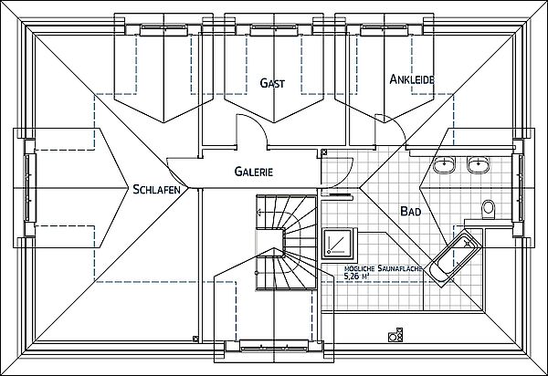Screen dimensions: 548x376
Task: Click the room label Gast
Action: pyautogui.click(x=272, y=83)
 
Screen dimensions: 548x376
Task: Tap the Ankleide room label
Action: pyautogui.click(x=412, y=79)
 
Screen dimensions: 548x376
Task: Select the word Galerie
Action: pyautogui.click(x=253, y=172)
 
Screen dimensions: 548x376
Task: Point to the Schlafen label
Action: pyautogui.click(x=156, y=189)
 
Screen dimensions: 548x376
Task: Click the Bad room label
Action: pyautogui.click(x=411, y=211)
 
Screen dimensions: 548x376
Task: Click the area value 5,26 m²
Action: pyautogui.click(x=357, y=277)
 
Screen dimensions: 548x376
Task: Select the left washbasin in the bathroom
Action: pyautogui.click(x=444, y=164)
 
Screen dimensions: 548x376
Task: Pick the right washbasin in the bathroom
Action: pyautogui.click(x=479, y=164)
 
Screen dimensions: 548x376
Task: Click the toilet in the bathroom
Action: pyautogui.click(x=489, y=209)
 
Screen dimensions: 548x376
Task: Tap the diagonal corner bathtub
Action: pyautogui.click(x=455, y=258)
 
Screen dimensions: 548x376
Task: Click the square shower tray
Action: pyautogui.click(x=338, y=243)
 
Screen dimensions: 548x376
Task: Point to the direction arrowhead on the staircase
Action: pyautogui.click(x=259, y=212)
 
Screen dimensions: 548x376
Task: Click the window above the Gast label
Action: pyautogui.click(x=274, y=30)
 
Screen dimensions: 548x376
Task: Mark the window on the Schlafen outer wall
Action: pyautogui.click(x=29, y=188)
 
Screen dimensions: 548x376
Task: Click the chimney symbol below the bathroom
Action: pyautogui.click(x=395, y=334)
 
